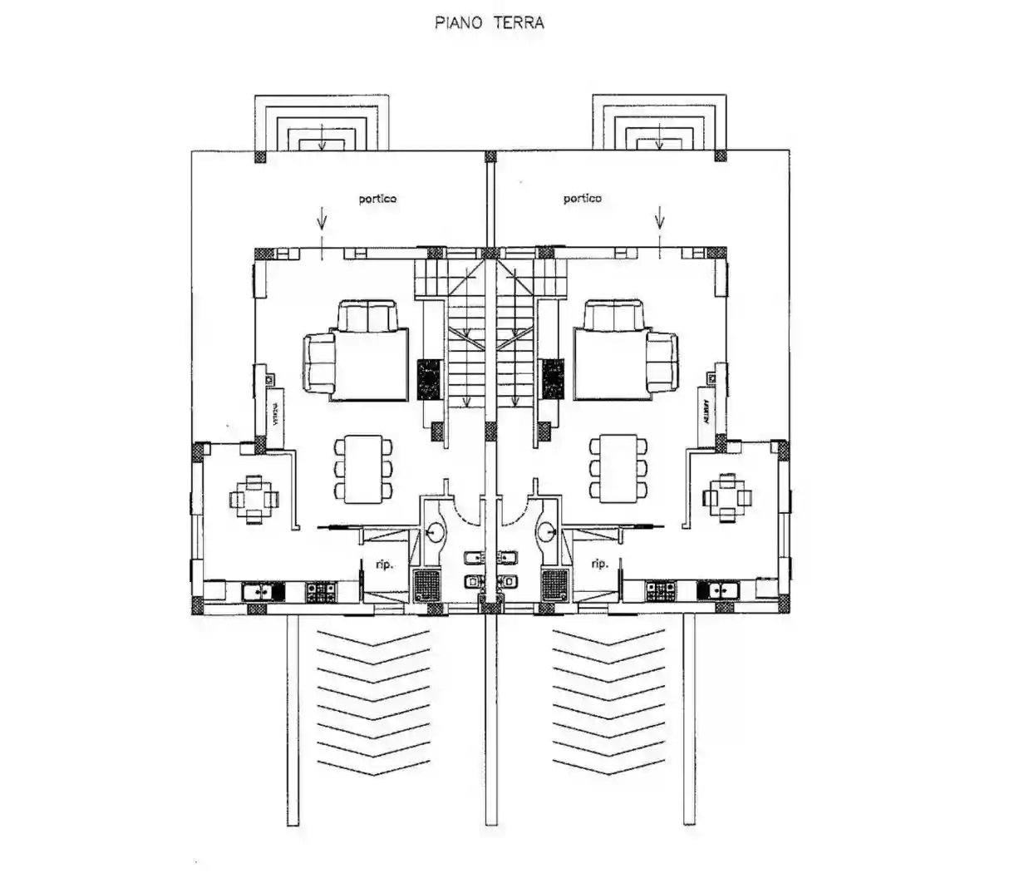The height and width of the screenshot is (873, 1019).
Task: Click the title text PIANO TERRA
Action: (x=490, y=22)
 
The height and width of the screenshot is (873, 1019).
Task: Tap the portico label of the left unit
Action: (x=377, y=199)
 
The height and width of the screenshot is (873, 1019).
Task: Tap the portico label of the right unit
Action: (x=582, y=199)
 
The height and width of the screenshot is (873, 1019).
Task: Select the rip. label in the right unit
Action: (x=598, y=563)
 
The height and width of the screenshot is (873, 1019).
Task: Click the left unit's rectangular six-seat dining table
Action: (x=363, y=468)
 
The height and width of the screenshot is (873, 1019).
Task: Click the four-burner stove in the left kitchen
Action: (x=319, y=592)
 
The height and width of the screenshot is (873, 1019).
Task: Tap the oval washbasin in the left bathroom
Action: (x=433, y=530)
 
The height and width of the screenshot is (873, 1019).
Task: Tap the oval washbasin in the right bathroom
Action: (x=547, y=530)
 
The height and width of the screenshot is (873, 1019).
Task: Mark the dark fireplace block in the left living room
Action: (x=428, y=379)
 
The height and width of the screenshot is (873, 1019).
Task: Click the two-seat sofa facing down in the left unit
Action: (x=368, y=316)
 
